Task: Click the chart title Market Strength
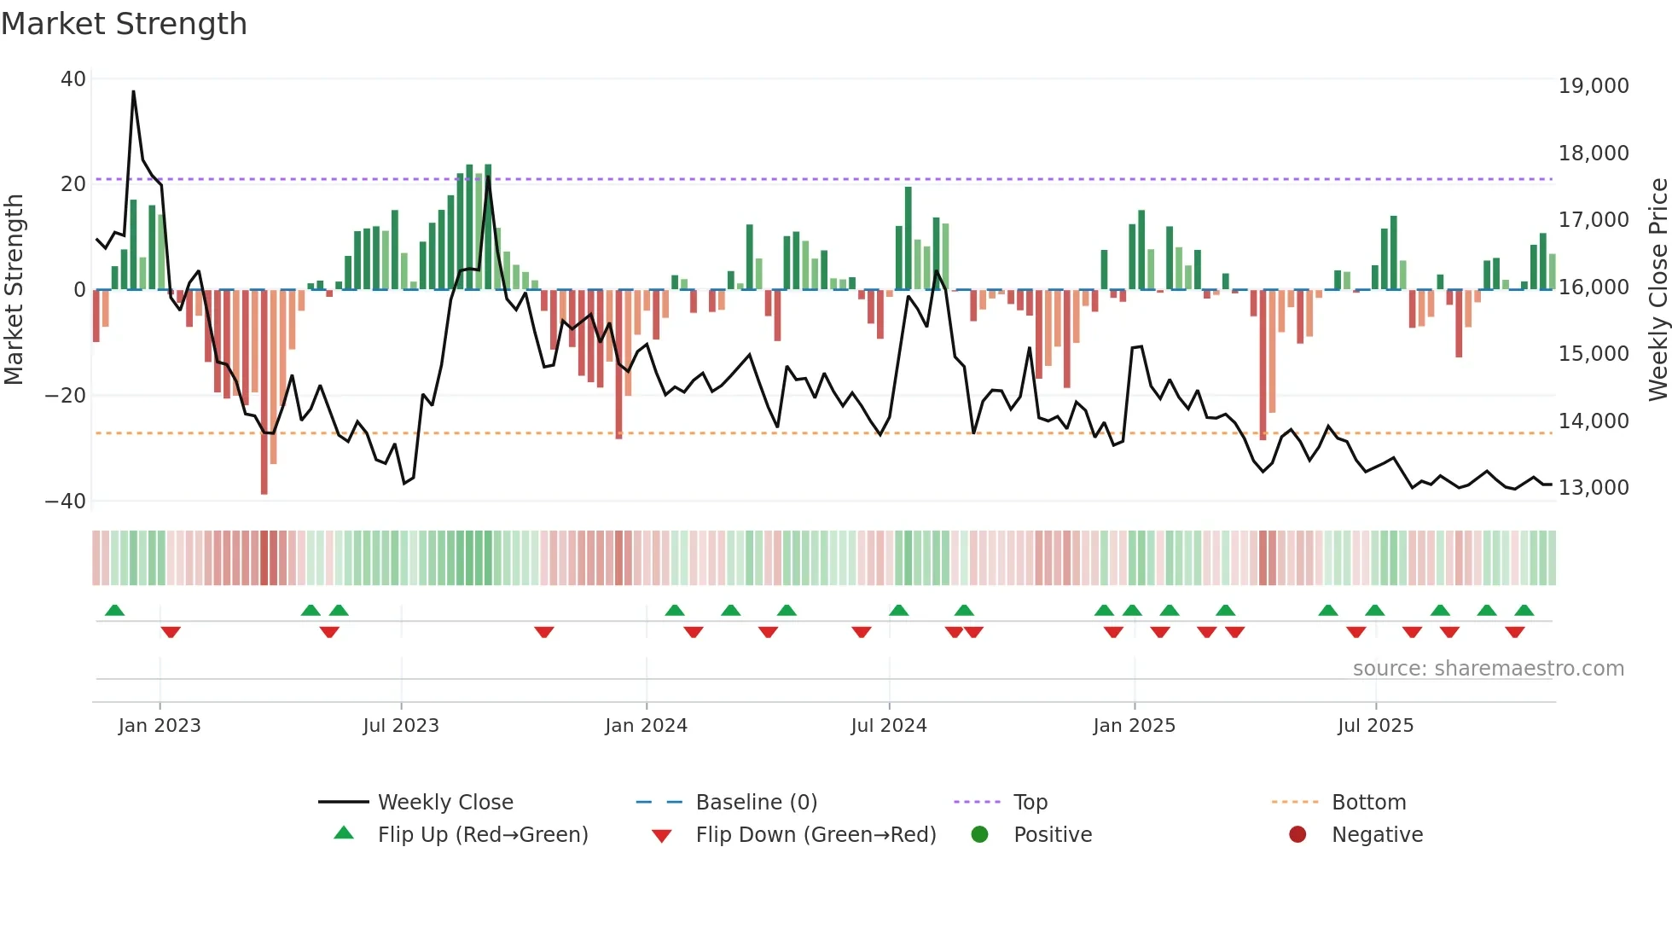click(124, 24)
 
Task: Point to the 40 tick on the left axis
click(73, 79)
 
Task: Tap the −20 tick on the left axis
click(66, 396)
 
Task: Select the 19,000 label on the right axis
click(1593, 86)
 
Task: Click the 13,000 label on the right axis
click(1593, 488)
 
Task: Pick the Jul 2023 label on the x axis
click(400, 726)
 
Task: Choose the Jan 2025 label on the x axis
click(1134, 726)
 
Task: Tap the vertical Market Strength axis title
click(15, 290)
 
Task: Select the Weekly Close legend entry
click(445, 803)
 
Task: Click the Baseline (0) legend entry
click(756, 803)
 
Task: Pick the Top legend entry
click(1030, 803)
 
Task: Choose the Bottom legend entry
click(1368, 803)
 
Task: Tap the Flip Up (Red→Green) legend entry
click(483, 835)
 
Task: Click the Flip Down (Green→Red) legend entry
click(816, 835)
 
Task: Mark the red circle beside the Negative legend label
click(1298, 835)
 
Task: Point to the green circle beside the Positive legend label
click(979, 835)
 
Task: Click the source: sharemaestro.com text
click(1488, 669)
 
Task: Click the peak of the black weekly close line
click(133, 92)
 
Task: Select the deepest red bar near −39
click(264, 392)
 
